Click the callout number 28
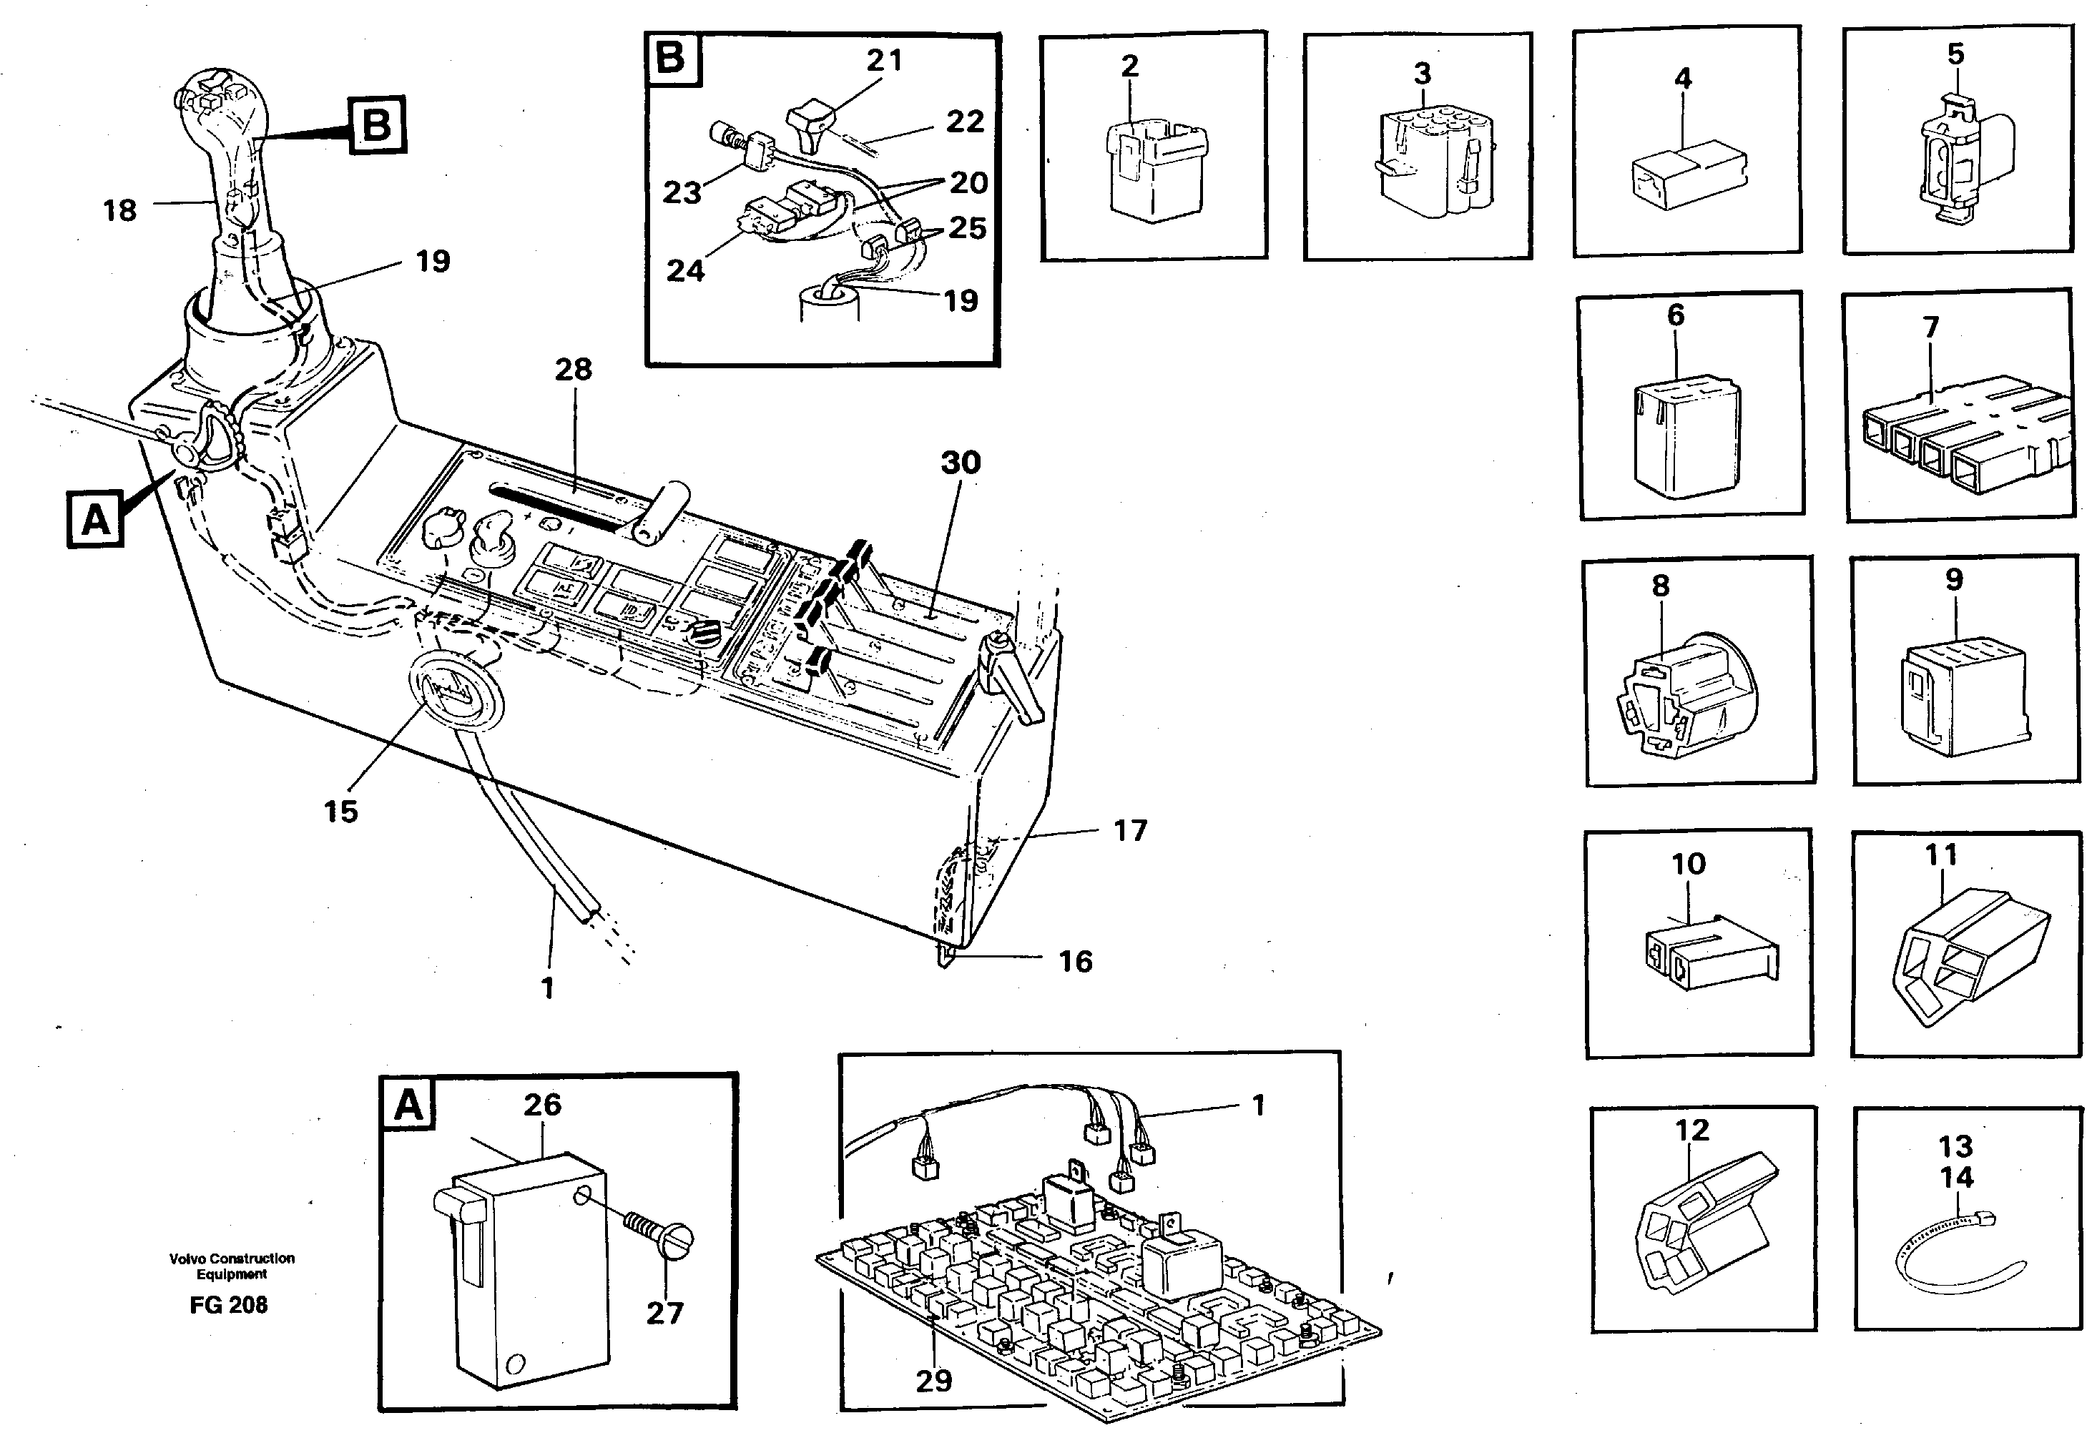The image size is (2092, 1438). [x=573, y=370]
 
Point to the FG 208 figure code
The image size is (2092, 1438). [x=228, y=1305]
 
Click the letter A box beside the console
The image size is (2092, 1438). [x=96, y=520]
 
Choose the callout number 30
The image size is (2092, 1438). [x=961, y=463]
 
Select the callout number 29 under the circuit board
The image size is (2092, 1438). [x=933, y=1380]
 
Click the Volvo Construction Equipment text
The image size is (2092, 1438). [x=232, y=1266]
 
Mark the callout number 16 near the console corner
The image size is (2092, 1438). [x=1075, y=961]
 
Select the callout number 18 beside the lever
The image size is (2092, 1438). [x=120, y=211]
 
